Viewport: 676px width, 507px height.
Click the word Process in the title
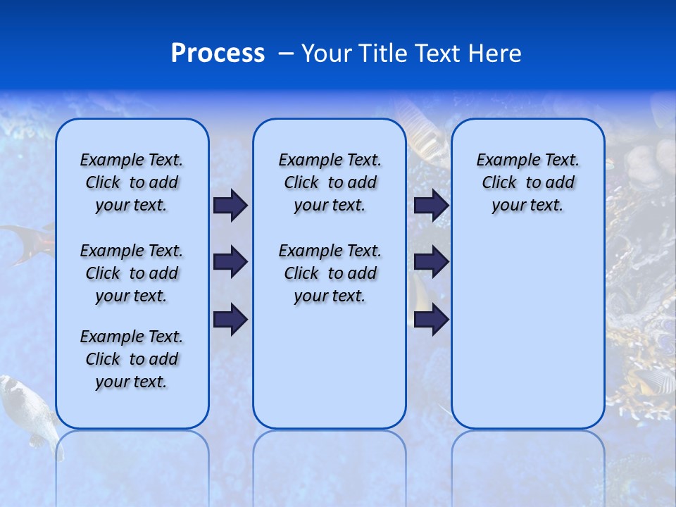(x=218, y=54)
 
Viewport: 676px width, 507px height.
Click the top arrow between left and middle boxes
(x=230, y=206)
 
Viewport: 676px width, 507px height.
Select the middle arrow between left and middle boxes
(x=230, y=263)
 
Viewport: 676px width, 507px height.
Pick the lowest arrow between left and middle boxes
(x=230, y=319)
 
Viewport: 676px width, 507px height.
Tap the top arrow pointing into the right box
(x=431, y=206)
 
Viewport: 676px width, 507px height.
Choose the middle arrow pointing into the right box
(x=431, y=263)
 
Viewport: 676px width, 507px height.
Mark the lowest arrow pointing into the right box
(x=431, y=319)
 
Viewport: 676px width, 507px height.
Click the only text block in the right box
(x=527, y=182)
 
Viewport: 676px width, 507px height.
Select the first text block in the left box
(x=132, y=182)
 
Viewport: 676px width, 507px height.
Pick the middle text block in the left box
(x=132, y=273)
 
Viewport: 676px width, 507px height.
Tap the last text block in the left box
(x=132, y=359)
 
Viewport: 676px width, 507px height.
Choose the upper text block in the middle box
(x=330, y=182)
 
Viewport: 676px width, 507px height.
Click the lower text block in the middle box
(x=330, y=273)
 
